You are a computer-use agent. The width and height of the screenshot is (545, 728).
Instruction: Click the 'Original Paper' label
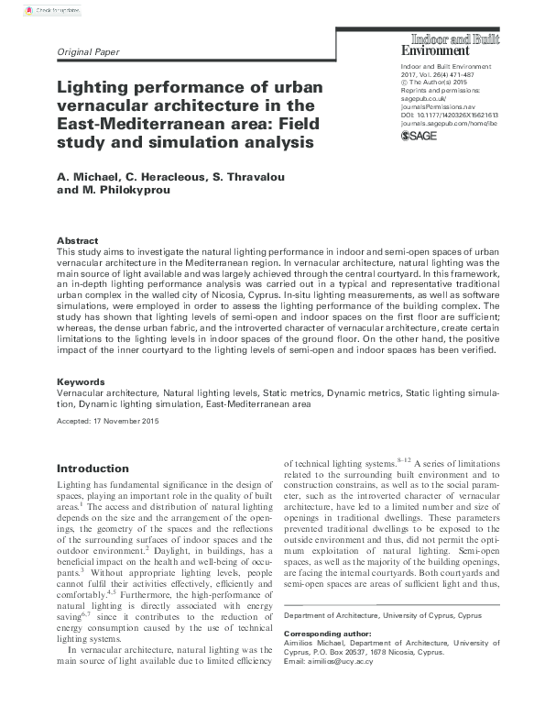point(88,52)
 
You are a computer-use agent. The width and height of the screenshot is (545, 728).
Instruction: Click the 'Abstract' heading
point(78,240)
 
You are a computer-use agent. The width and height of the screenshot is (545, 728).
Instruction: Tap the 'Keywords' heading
point(81,381)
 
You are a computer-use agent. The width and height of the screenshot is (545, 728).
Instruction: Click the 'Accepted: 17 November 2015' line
point(108,421)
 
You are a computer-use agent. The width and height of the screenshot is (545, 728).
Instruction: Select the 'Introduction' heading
point(93,468)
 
